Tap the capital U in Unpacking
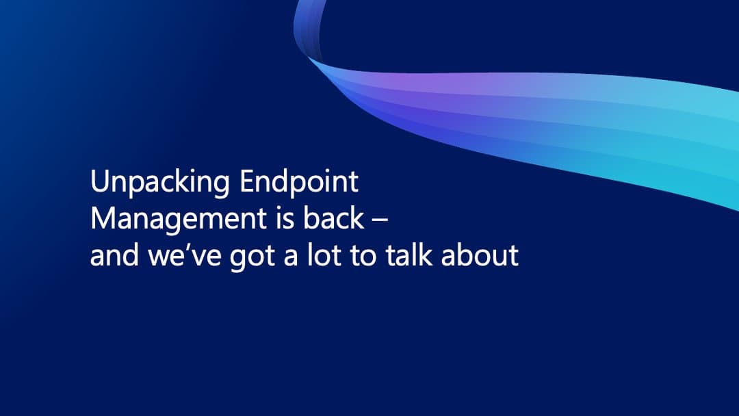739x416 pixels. point(100,183)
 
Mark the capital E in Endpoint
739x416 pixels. point(248,182)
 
